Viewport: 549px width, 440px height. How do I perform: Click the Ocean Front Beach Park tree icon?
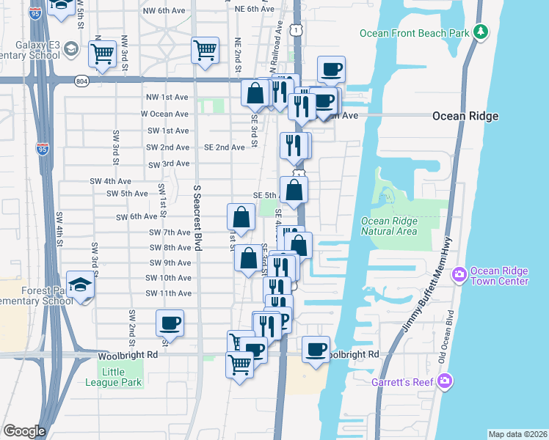[481, 32]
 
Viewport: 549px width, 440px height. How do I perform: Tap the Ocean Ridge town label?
[465, 116]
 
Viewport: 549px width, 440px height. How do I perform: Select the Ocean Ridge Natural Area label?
[389, 226]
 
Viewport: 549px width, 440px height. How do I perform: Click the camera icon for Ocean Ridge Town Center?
[459, 274]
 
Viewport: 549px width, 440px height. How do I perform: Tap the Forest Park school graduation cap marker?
[80, 284]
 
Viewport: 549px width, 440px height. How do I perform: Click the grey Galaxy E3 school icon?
[71, 49]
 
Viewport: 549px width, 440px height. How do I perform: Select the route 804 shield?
[81, 81]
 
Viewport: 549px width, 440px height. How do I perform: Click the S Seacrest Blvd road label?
[197, 216]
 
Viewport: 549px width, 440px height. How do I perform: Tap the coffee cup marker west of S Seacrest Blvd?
[170, 323]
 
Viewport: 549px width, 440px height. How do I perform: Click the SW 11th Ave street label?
[168, 293]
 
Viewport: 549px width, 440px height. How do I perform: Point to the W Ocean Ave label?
[164, 114]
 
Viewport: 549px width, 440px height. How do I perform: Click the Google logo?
[24, 431]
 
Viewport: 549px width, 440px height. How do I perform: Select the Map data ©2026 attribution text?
[517, 434]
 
